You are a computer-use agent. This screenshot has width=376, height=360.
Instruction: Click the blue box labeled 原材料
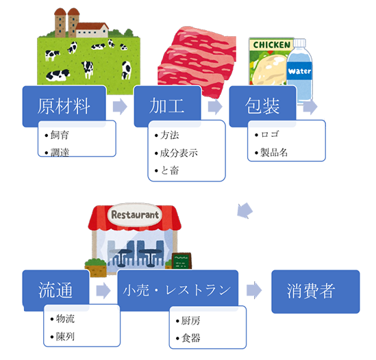click(64, 106)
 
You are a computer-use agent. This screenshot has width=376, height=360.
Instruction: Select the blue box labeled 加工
click(167, 106)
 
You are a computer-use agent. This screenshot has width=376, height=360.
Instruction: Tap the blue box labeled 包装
click(262, 106)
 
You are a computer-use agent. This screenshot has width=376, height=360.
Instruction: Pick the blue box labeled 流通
click(55, 290)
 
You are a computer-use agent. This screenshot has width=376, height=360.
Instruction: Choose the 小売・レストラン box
click(177, 290)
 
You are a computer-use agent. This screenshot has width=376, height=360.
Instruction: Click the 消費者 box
click(316, 292)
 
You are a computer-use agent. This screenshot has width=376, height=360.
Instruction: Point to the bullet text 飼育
click(60, 136)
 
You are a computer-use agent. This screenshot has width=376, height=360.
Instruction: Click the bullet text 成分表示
click(179, 153)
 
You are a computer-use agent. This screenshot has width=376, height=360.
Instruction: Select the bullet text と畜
click(170, 170)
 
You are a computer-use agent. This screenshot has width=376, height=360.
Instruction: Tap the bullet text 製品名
click(274, 152)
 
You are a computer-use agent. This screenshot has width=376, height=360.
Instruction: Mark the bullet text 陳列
click(65, 337)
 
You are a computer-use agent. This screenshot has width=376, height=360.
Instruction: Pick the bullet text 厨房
click(190, 320)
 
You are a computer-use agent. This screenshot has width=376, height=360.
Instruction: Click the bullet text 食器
click(190, 338)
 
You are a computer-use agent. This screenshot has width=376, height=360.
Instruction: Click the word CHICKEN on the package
click(272, 44)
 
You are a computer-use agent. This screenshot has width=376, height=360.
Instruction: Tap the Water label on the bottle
click(299, 71)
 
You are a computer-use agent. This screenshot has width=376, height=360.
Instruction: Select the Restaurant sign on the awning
click(135, 215)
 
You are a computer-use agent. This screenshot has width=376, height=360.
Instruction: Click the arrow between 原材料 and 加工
click(120, 106)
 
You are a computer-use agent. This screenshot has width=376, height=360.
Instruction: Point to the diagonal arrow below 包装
click(245, 211)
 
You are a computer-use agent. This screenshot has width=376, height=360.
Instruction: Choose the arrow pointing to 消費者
click(254, 290)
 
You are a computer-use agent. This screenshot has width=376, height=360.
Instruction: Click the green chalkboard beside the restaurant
click(181, 261)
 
